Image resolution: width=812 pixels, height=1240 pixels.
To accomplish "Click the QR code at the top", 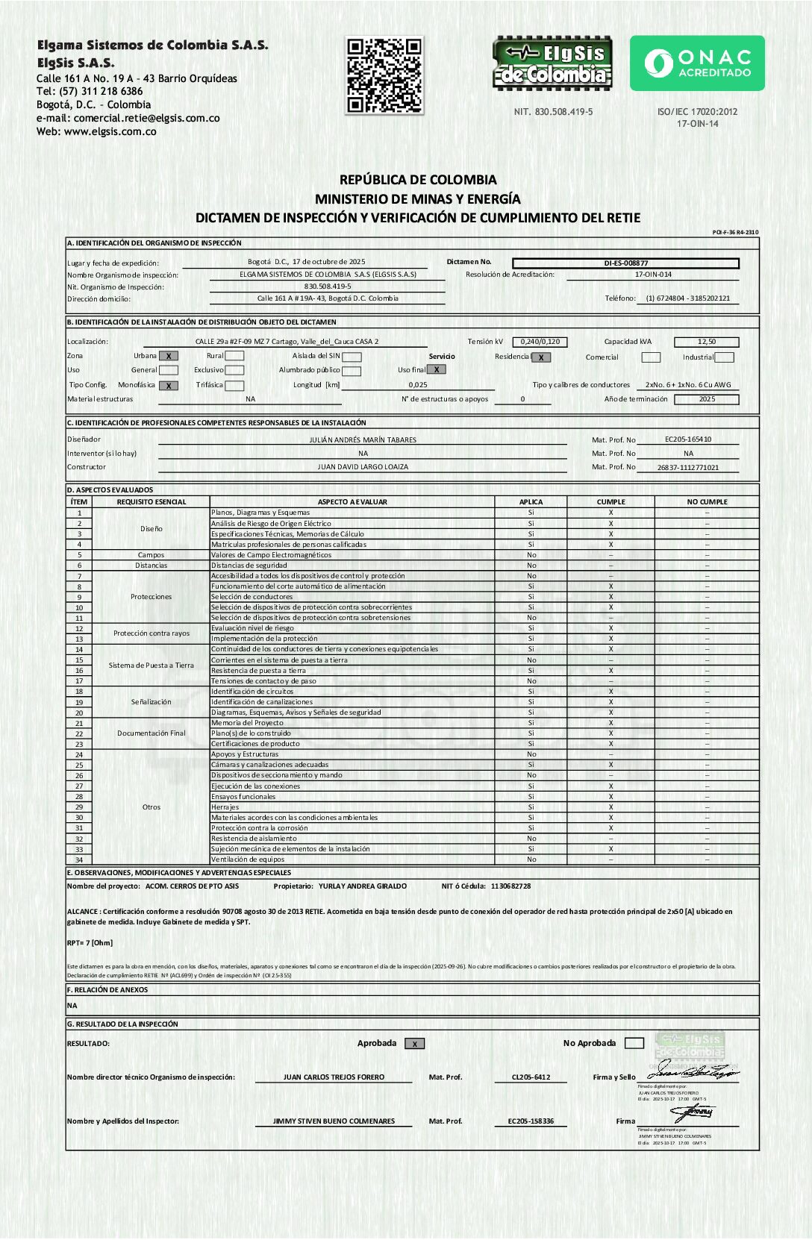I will coord(384,75).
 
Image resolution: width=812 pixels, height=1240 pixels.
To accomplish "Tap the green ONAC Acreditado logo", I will coord(697,63).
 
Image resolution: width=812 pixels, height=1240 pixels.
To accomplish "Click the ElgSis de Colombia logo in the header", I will coord(552,63).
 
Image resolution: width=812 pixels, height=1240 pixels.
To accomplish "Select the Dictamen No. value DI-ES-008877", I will coord(625,263).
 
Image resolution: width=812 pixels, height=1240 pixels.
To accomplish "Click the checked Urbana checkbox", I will coord(169,356).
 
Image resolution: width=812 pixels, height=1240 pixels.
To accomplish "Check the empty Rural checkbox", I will coord(234,356).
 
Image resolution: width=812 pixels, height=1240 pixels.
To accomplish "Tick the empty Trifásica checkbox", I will coord(234,386).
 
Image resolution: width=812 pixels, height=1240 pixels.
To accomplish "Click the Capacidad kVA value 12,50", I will coord(706,342).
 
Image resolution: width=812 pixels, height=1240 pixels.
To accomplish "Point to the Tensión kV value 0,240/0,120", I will coord(540,342).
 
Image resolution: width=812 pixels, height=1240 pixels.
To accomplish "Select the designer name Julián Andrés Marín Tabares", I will coord(363,440).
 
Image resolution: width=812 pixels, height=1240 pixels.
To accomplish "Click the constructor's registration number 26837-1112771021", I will coord(687,468).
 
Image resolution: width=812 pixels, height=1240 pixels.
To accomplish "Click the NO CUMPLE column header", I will coord(707,502).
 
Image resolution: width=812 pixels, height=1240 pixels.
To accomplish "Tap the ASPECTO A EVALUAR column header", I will coord(352,502).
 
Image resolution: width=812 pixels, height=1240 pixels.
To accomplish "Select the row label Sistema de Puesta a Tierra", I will coord(152,666).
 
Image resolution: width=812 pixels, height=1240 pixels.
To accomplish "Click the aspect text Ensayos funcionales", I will coord(243,797).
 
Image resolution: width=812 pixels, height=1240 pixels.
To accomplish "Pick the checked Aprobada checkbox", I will coord(414,1044).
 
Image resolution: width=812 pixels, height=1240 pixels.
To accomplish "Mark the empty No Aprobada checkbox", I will coord(634,1043).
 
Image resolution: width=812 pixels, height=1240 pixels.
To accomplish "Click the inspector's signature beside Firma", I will coord(693,1113).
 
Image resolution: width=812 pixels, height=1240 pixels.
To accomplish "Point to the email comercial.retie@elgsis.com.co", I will coord(146,118).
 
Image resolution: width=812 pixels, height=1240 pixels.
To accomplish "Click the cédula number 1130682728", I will coord(510,886).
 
